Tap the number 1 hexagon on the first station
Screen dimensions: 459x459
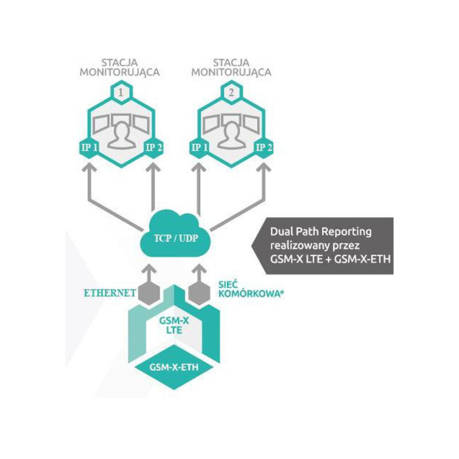(119, 91)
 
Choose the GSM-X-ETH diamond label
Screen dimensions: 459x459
(174, 367)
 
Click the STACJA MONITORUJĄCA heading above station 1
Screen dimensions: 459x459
(119, 68)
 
